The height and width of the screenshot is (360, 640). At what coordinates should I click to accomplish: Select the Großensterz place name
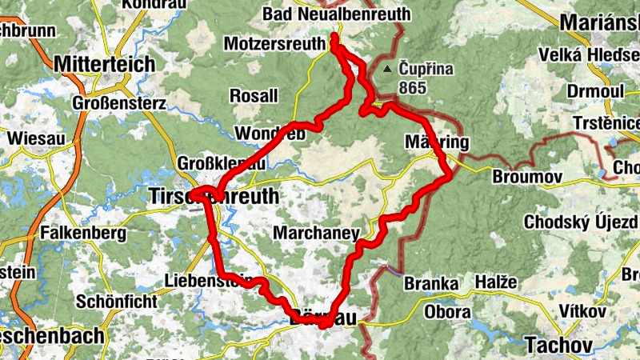[x=118, y=103]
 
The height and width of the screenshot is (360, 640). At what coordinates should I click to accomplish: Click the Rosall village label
[x=254, y=96]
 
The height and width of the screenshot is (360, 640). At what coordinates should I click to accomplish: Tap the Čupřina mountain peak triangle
[x=388, y=70]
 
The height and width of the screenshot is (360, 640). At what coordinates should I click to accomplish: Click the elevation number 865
[x=414, y=86]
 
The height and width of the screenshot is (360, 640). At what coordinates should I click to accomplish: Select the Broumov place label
[x=528, y=176]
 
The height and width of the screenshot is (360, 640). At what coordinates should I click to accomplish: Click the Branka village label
[x=431, y=284]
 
